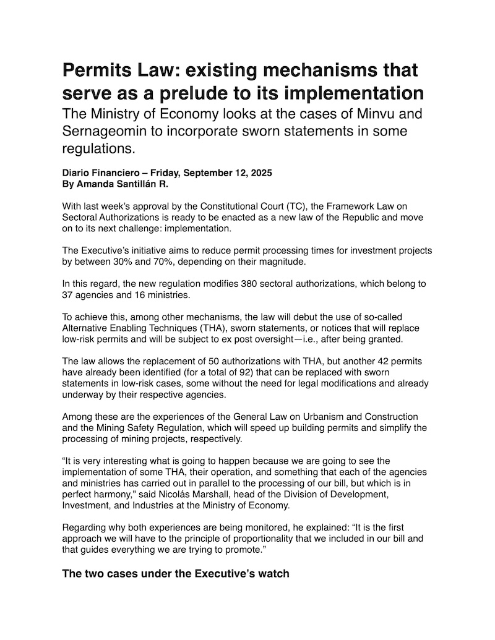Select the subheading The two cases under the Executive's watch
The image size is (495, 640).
click(176, 573)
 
